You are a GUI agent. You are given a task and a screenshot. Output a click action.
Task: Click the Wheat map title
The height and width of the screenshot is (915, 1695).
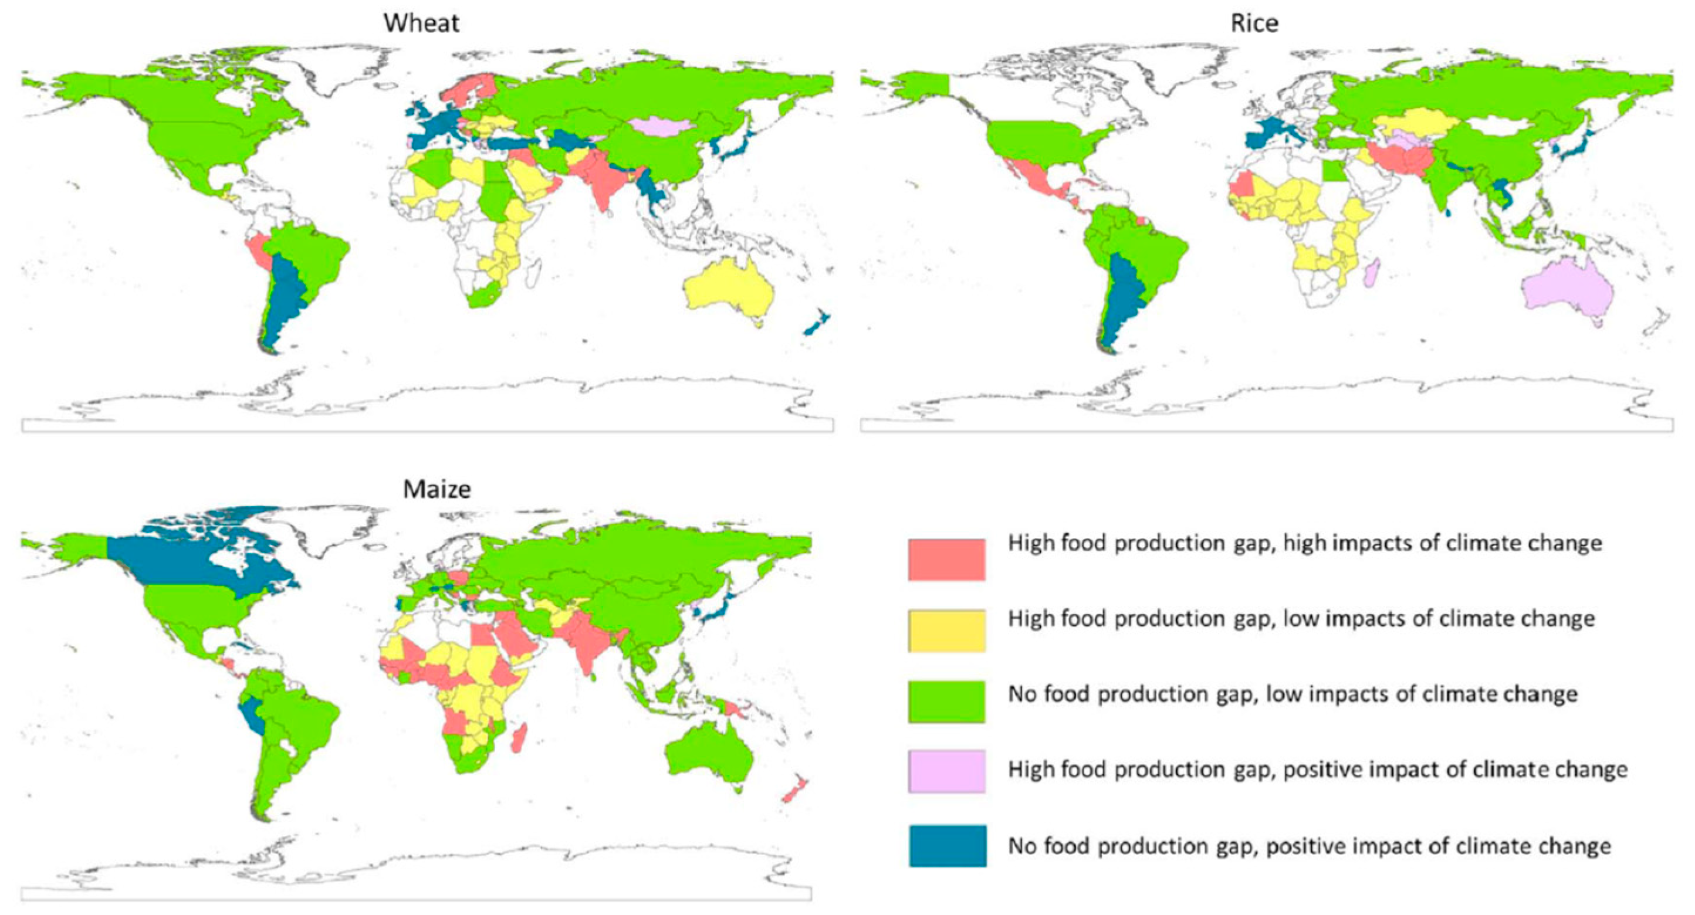pos(421,23)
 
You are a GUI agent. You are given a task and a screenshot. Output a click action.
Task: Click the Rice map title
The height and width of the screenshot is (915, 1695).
pos(1254,23)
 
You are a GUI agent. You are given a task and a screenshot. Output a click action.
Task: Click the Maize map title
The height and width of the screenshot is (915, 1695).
pos(437,489)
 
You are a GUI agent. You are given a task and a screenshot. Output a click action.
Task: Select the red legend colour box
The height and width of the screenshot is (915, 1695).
pos(946,559)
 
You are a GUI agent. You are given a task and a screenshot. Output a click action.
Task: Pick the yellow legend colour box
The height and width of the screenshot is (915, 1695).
pos(946,630)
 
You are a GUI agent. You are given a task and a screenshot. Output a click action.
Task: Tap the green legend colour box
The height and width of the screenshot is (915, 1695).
pos(946,701)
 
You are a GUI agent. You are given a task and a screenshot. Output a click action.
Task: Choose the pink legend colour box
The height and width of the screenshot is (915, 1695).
pos(946,770)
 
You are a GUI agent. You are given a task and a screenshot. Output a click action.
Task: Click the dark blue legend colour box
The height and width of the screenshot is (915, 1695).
pos(948,845)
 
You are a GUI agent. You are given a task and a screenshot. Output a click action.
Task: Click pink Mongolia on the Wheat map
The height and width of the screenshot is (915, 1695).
pos(661,126)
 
